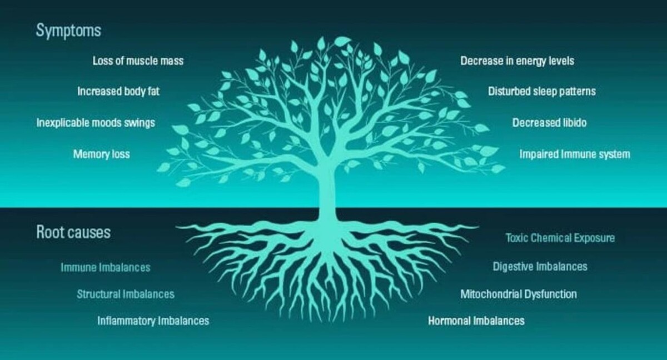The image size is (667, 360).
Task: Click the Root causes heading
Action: click(x=73, y=232)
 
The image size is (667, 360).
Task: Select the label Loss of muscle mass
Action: click(x=138, y=61)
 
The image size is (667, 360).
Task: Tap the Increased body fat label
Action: click(x=118, y=91)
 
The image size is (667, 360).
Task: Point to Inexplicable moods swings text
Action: click(x=96, y=122)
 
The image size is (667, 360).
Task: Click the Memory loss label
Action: click(x=101, y=154)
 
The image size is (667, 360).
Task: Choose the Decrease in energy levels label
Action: click(x=517, y=61)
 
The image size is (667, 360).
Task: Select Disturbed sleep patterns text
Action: click(x=541, y=91)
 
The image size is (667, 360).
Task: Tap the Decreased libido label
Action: click(x=549, y=122)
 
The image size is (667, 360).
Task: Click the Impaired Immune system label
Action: click(x=574, y=154)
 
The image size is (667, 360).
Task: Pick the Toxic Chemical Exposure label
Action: click(x=560, y=238)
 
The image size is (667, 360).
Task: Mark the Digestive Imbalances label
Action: click(x=540, y=267)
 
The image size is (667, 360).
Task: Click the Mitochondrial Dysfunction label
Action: click(x=518, y=294)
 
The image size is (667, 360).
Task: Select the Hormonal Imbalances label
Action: click(x=476, y=321)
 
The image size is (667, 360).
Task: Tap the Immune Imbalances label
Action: click(x=105, y=267)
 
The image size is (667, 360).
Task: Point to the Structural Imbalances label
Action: click(x=125, y=294)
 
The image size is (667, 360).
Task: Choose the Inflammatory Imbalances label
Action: click(x=153, y=321)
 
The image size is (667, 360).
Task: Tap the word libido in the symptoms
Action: click(x=574, y=122)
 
